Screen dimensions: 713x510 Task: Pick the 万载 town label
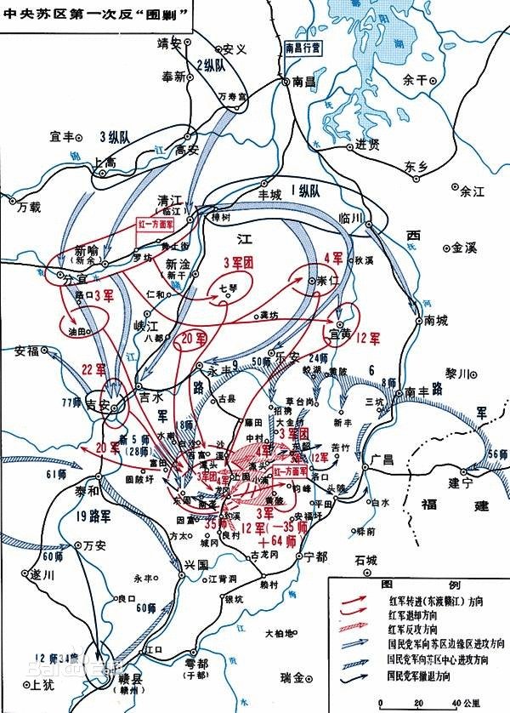(x=28, y=207)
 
